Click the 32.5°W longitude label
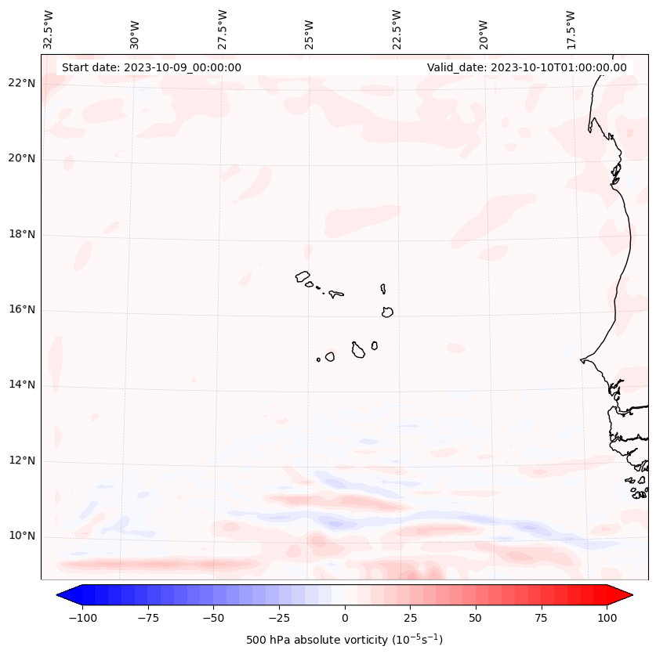tap(49, 30)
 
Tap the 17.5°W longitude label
tap(571, 30)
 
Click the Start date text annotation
tap(151, 67)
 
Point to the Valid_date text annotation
tap(527, 67)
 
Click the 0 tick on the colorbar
tap(345, 618)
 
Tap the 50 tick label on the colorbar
tap(475, 618)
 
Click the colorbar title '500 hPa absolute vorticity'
tap(345, 640)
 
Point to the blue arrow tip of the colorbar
tap(64, 595)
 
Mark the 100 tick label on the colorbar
tap(607, 618)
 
